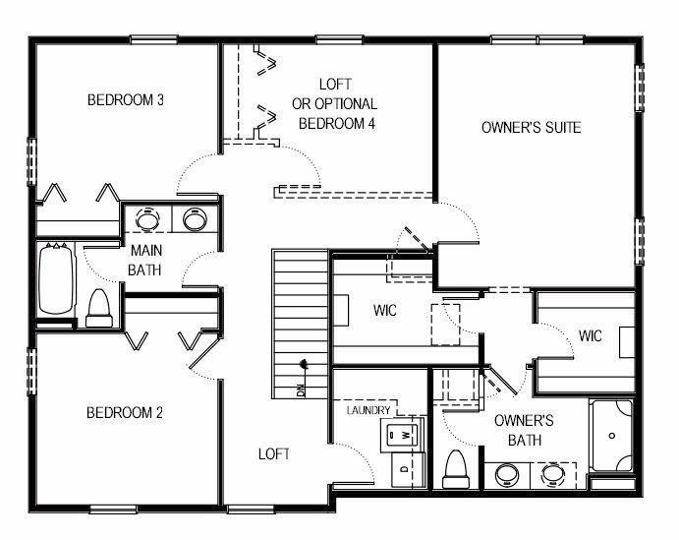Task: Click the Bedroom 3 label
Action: point(126,100)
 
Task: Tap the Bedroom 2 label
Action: point(125,412)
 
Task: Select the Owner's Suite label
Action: point(532,128)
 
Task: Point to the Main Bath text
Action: point(145,260)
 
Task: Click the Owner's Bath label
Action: point(524,431)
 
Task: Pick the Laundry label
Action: point(368,410)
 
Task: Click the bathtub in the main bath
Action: point(55,279)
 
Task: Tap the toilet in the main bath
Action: point(99,309)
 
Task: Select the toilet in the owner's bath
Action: point(456,470)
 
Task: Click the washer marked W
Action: point(401,434)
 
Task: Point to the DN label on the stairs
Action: point(301,390)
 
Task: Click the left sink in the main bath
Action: point(148,219)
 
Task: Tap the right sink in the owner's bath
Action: point(553,474)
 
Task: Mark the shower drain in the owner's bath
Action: point(612,436)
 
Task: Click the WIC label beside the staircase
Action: point(385,310)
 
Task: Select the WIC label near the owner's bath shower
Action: point(591,335)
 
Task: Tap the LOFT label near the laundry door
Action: point(274,454)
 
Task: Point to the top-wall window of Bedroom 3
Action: point(154,40)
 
